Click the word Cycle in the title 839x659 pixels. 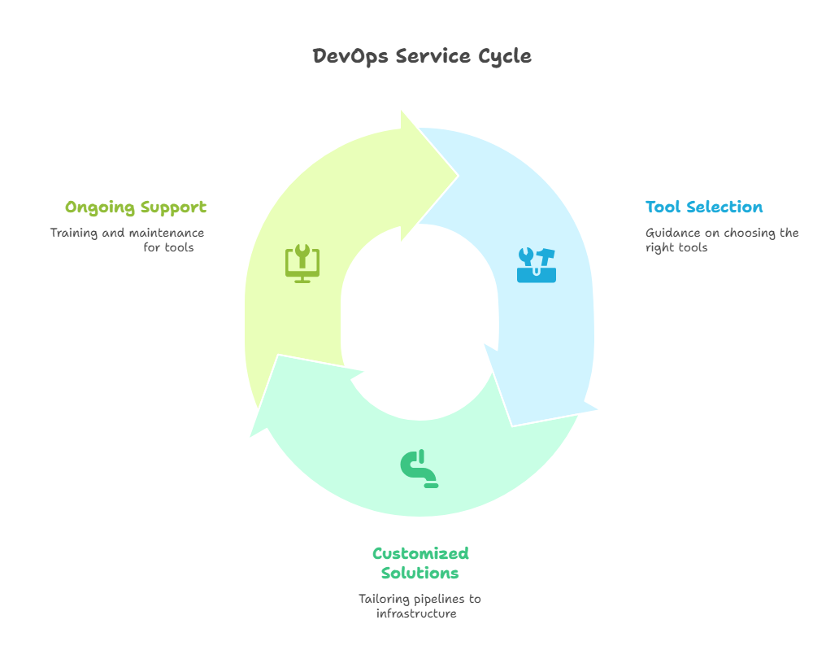tap(505, 56)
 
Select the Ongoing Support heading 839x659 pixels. tap(136, 207)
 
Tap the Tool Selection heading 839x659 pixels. tap(704, 207)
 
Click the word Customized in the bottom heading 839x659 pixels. tap(420, 554)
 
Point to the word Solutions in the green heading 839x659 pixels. tap(419, 574)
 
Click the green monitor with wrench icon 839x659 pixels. tap(302, 263)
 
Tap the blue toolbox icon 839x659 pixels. tap(537, 265)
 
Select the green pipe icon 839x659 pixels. tap(419, 469)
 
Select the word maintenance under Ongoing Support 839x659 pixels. tap(167, 233)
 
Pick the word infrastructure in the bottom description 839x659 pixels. tap(416, 613)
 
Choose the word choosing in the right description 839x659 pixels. tap(747, 233)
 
